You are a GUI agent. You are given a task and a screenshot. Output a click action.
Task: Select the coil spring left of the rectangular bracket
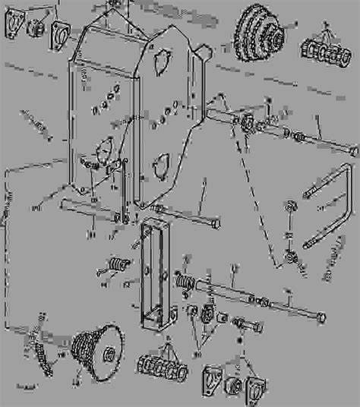point(115,265)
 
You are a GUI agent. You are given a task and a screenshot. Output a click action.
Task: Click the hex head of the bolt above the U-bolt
point(352,152)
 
